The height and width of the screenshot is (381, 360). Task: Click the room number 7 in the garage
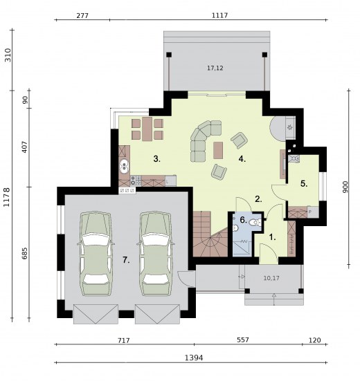pos(126,260)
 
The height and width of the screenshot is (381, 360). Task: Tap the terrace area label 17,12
pos(215,68)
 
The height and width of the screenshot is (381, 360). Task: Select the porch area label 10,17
pos(271,278)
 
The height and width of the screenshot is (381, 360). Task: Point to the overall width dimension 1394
pos(194,357)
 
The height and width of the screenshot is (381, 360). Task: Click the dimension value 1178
pos(6,197)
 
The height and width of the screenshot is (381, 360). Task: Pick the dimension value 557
pos(243,340)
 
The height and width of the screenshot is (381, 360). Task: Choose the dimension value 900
pos(345,187)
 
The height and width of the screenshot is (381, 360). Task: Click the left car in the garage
pos(96,254)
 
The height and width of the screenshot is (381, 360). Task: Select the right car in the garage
pos(156,254)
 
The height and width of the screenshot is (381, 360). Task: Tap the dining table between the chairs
pos(147,129)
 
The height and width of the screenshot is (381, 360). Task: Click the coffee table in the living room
pos(218,150)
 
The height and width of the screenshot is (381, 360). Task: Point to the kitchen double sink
pos(125,165)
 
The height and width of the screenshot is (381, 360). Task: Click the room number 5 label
pos(304,184)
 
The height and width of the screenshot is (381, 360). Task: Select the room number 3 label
pos(157,159)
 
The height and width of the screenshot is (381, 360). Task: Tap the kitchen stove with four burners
pos(136,180)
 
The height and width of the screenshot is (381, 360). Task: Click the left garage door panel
pos(96,314)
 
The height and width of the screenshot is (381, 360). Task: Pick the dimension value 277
pos(82,16)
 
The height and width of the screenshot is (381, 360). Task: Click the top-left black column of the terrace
pos(169,55)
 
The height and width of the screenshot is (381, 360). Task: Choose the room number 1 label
pos(273,237)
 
